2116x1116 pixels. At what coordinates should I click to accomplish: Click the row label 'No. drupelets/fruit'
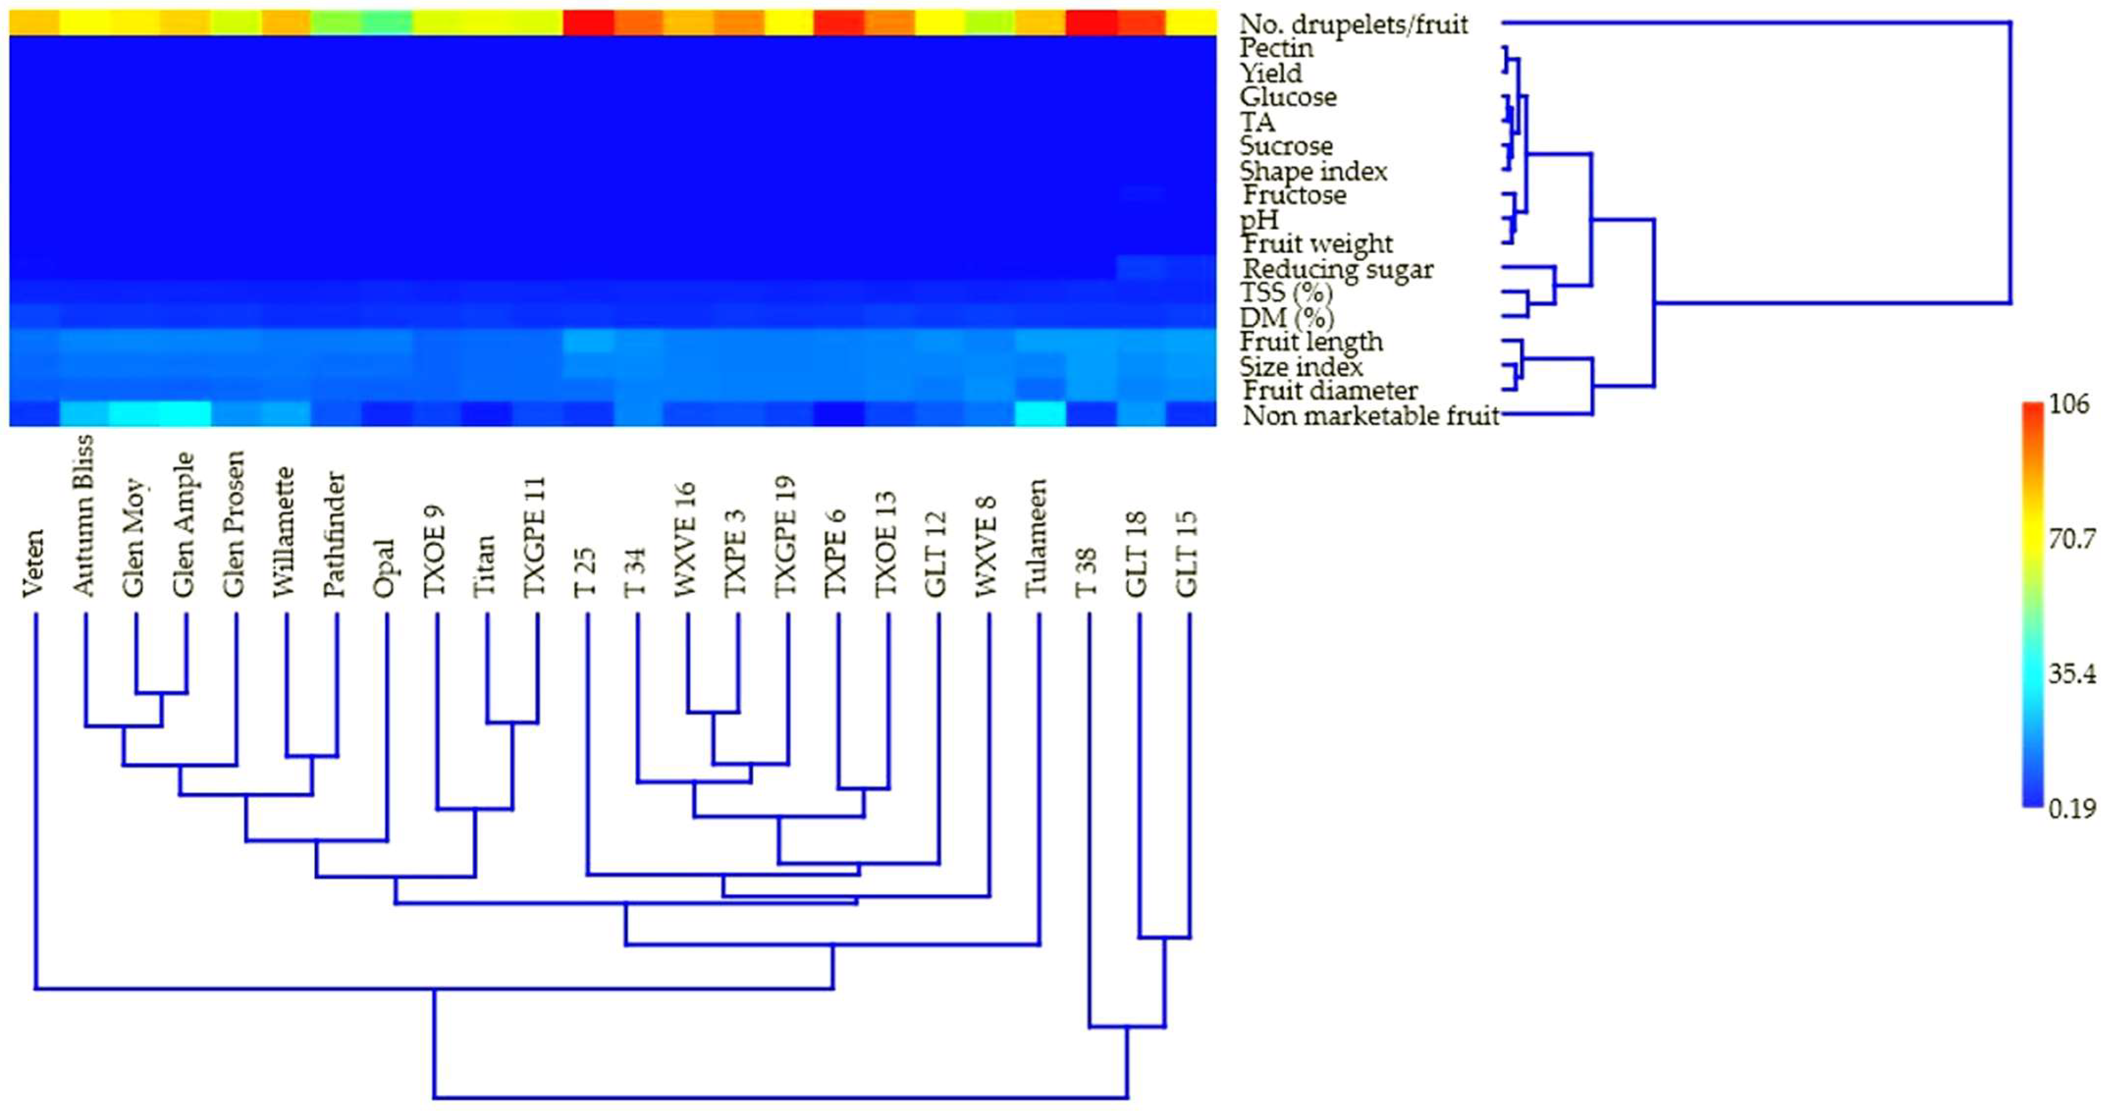pos(1354,24)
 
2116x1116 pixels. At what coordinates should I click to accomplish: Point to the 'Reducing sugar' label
pos(1338,269)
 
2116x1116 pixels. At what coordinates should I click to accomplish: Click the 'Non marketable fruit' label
pos(1371,416)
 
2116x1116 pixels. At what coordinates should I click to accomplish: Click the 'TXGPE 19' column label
pos(786,536)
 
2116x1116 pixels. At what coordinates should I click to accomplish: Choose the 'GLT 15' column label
pos(1187,554)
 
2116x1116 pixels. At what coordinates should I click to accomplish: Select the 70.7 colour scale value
pos(2071,540)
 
